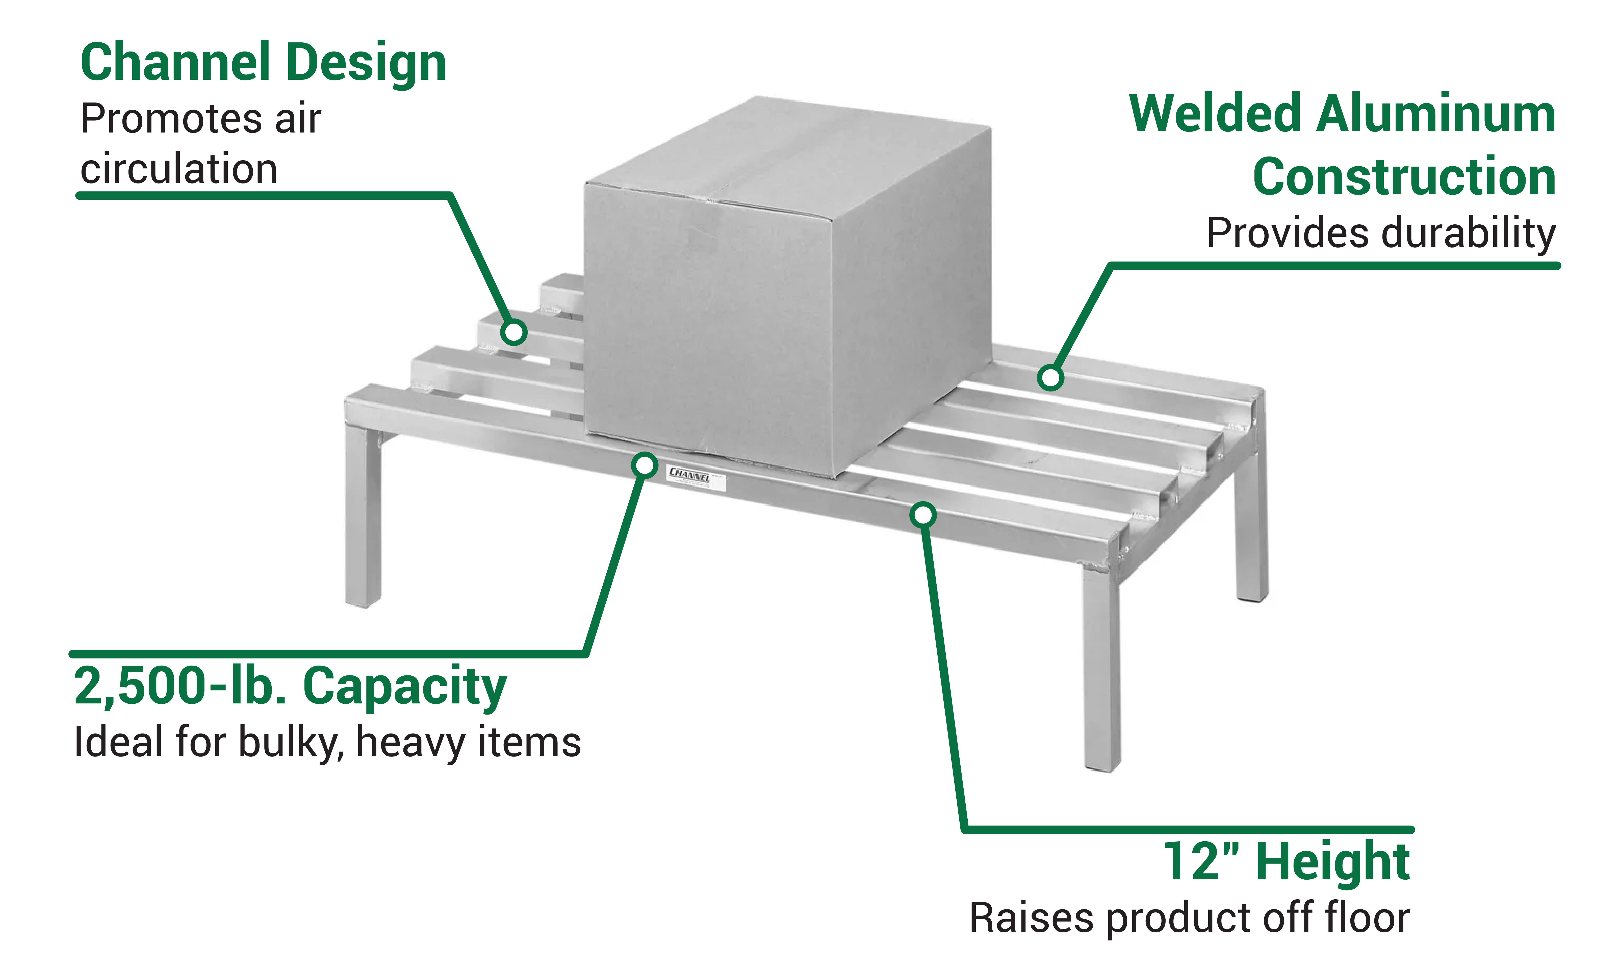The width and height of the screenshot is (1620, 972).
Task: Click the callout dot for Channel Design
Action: coord(513,332)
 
